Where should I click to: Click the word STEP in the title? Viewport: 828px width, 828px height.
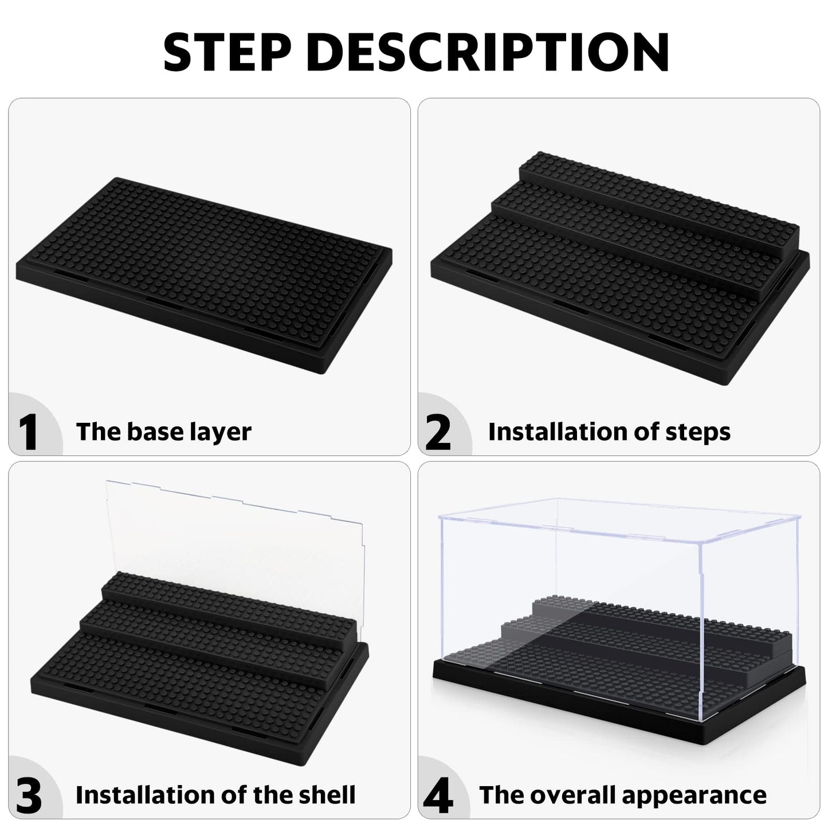(227, 52)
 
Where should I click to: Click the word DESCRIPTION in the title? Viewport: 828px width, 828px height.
(487, 52)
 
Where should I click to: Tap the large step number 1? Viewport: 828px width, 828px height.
(28, 432)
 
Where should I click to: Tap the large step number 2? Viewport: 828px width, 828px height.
(438, 432)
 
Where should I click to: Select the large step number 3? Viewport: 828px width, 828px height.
(29, 795)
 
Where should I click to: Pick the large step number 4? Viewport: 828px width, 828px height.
(438, 795)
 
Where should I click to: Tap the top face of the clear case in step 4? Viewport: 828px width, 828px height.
(619, 521)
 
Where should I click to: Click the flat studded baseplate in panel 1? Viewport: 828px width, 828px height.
(204, 275)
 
